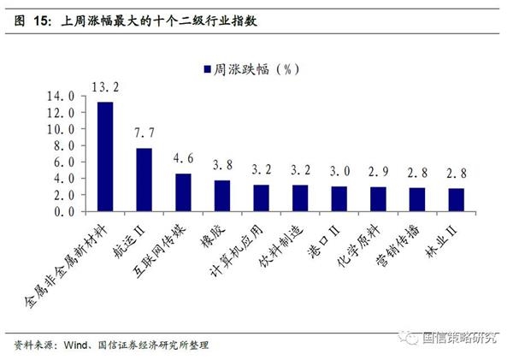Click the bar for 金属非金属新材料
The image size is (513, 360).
(x=105, y=156)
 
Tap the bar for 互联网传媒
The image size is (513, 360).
(x=183, y=192)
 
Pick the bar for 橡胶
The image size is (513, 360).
(x=221, y=196)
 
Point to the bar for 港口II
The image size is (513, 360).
(x=339, y=199)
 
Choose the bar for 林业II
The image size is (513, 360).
(x=456, y=200)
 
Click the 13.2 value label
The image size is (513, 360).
(x=104, y=86)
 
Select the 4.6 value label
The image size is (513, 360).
(x=183, y=158)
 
